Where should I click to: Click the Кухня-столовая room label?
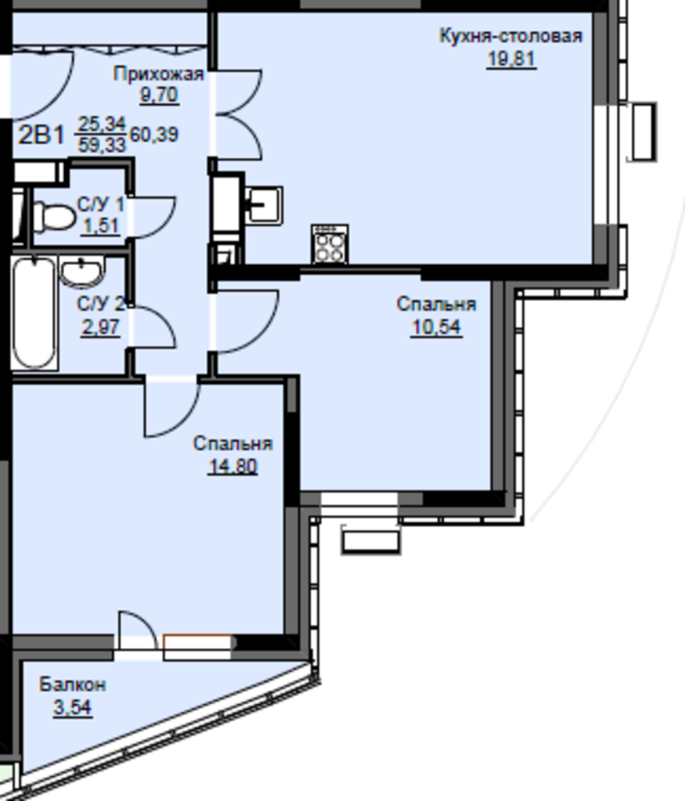click(511, 36)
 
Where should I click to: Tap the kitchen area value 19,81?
click(511, 59)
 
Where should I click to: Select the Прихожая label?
click(159, 74)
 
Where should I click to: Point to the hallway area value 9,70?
click(159, 95)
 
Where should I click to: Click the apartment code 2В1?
click(42, 135)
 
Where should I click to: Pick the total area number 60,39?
click(155, 135)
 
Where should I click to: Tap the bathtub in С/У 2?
click(34, 313)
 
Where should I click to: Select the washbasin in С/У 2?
click(82, 272)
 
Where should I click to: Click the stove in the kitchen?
click(330, 244)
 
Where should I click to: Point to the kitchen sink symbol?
click(264, 206)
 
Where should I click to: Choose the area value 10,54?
click(437, 327)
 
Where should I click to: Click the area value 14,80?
click(233, 466)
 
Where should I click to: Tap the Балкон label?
click(73, 685)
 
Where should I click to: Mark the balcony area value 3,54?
click(73, 708)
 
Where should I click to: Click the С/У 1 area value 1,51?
click(100, 225)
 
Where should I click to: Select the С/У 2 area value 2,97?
click(100, 327)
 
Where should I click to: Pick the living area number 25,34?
click(102, 124)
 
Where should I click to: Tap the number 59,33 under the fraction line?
click(103, 145)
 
